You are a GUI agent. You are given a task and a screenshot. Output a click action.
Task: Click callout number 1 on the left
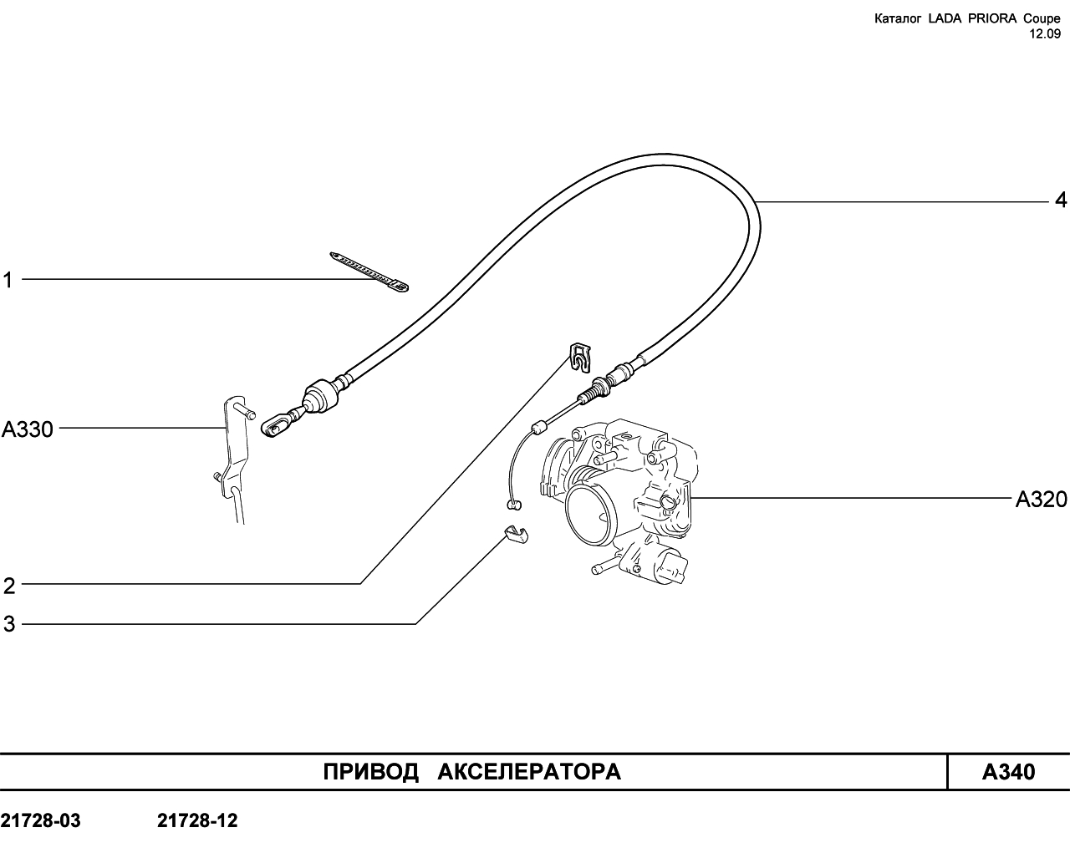click(7, 281)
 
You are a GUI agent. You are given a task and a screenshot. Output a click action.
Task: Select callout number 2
click(9, 586)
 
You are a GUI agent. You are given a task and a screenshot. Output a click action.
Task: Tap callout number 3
click(9, 624)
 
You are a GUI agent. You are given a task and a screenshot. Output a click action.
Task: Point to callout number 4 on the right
click(1061, 201)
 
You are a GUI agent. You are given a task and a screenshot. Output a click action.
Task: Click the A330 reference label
click(28, 429)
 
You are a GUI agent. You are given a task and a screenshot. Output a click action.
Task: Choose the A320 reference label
click(1042, 500)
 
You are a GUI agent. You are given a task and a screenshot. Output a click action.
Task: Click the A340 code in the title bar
click(1008, 772)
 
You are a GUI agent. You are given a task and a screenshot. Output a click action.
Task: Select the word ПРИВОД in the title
click(371, 772)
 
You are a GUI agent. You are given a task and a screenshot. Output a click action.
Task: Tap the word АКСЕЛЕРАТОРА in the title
click(529, 772)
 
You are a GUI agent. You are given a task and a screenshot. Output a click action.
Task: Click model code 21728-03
click(41, 820)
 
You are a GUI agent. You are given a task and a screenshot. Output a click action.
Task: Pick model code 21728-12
click(197, 820)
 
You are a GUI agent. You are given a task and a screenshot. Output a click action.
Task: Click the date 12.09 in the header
click(1045, 33)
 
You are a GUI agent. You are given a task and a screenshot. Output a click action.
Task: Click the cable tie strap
click(369, 272)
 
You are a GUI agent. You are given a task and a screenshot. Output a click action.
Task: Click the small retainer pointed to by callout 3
click(516, 534)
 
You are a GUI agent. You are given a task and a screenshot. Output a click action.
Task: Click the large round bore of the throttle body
click(591, 515)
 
